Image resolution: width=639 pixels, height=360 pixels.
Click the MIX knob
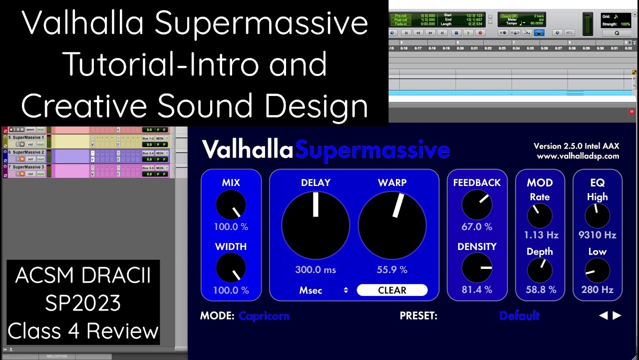click(231, 205)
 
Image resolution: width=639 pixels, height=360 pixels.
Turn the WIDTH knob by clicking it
click(231, 267)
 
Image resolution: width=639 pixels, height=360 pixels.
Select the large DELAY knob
click(316, 225)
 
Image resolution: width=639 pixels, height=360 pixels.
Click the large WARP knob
click(392, 225)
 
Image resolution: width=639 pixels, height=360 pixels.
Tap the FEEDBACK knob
click(477, 205)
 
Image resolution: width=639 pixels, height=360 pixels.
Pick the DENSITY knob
click(477, 267)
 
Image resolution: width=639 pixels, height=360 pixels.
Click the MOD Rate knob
click(540, 216)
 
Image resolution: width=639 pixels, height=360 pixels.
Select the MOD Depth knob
click(540, 270)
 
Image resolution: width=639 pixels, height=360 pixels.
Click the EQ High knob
click(598, 216)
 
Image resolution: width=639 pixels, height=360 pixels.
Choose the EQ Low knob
click(598, 270)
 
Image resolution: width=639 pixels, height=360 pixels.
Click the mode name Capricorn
click(264, 316)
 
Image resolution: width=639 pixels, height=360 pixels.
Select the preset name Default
click(519, 316)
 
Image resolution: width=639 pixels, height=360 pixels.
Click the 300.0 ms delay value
click(316, 270)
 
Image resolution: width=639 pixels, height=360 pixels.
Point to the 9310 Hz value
click(598, 235)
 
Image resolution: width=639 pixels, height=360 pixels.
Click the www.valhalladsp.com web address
click(578, 156)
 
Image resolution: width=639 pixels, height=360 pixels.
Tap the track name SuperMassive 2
click(28, 152)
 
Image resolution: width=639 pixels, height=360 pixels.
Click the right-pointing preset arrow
click(617, 315)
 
